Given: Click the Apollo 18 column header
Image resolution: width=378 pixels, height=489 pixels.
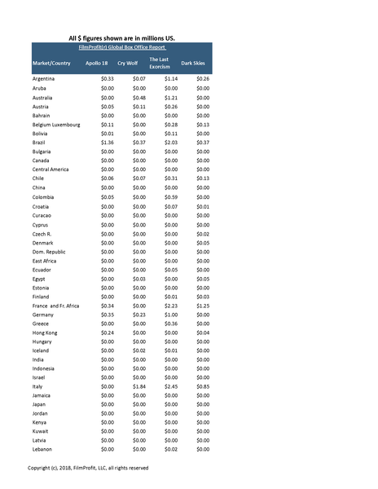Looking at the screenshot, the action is point(97,63).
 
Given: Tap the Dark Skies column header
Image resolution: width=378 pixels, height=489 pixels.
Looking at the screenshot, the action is point(193,63).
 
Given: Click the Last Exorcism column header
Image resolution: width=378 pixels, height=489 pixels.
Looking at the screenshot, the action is point(160,63).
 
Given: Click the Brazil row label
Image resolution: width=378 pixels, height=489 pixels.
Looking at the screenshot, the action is point(40,142).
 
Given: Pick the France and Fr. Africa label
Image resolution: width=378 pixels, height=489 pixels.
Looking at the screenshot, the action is point(56,306).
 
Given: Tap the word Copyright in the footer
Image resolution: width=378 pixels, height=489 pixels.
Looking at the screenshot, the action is point(42,468).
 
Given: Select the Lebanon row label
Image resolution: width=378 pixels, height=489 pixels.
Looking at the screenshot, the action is point(42,449).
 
